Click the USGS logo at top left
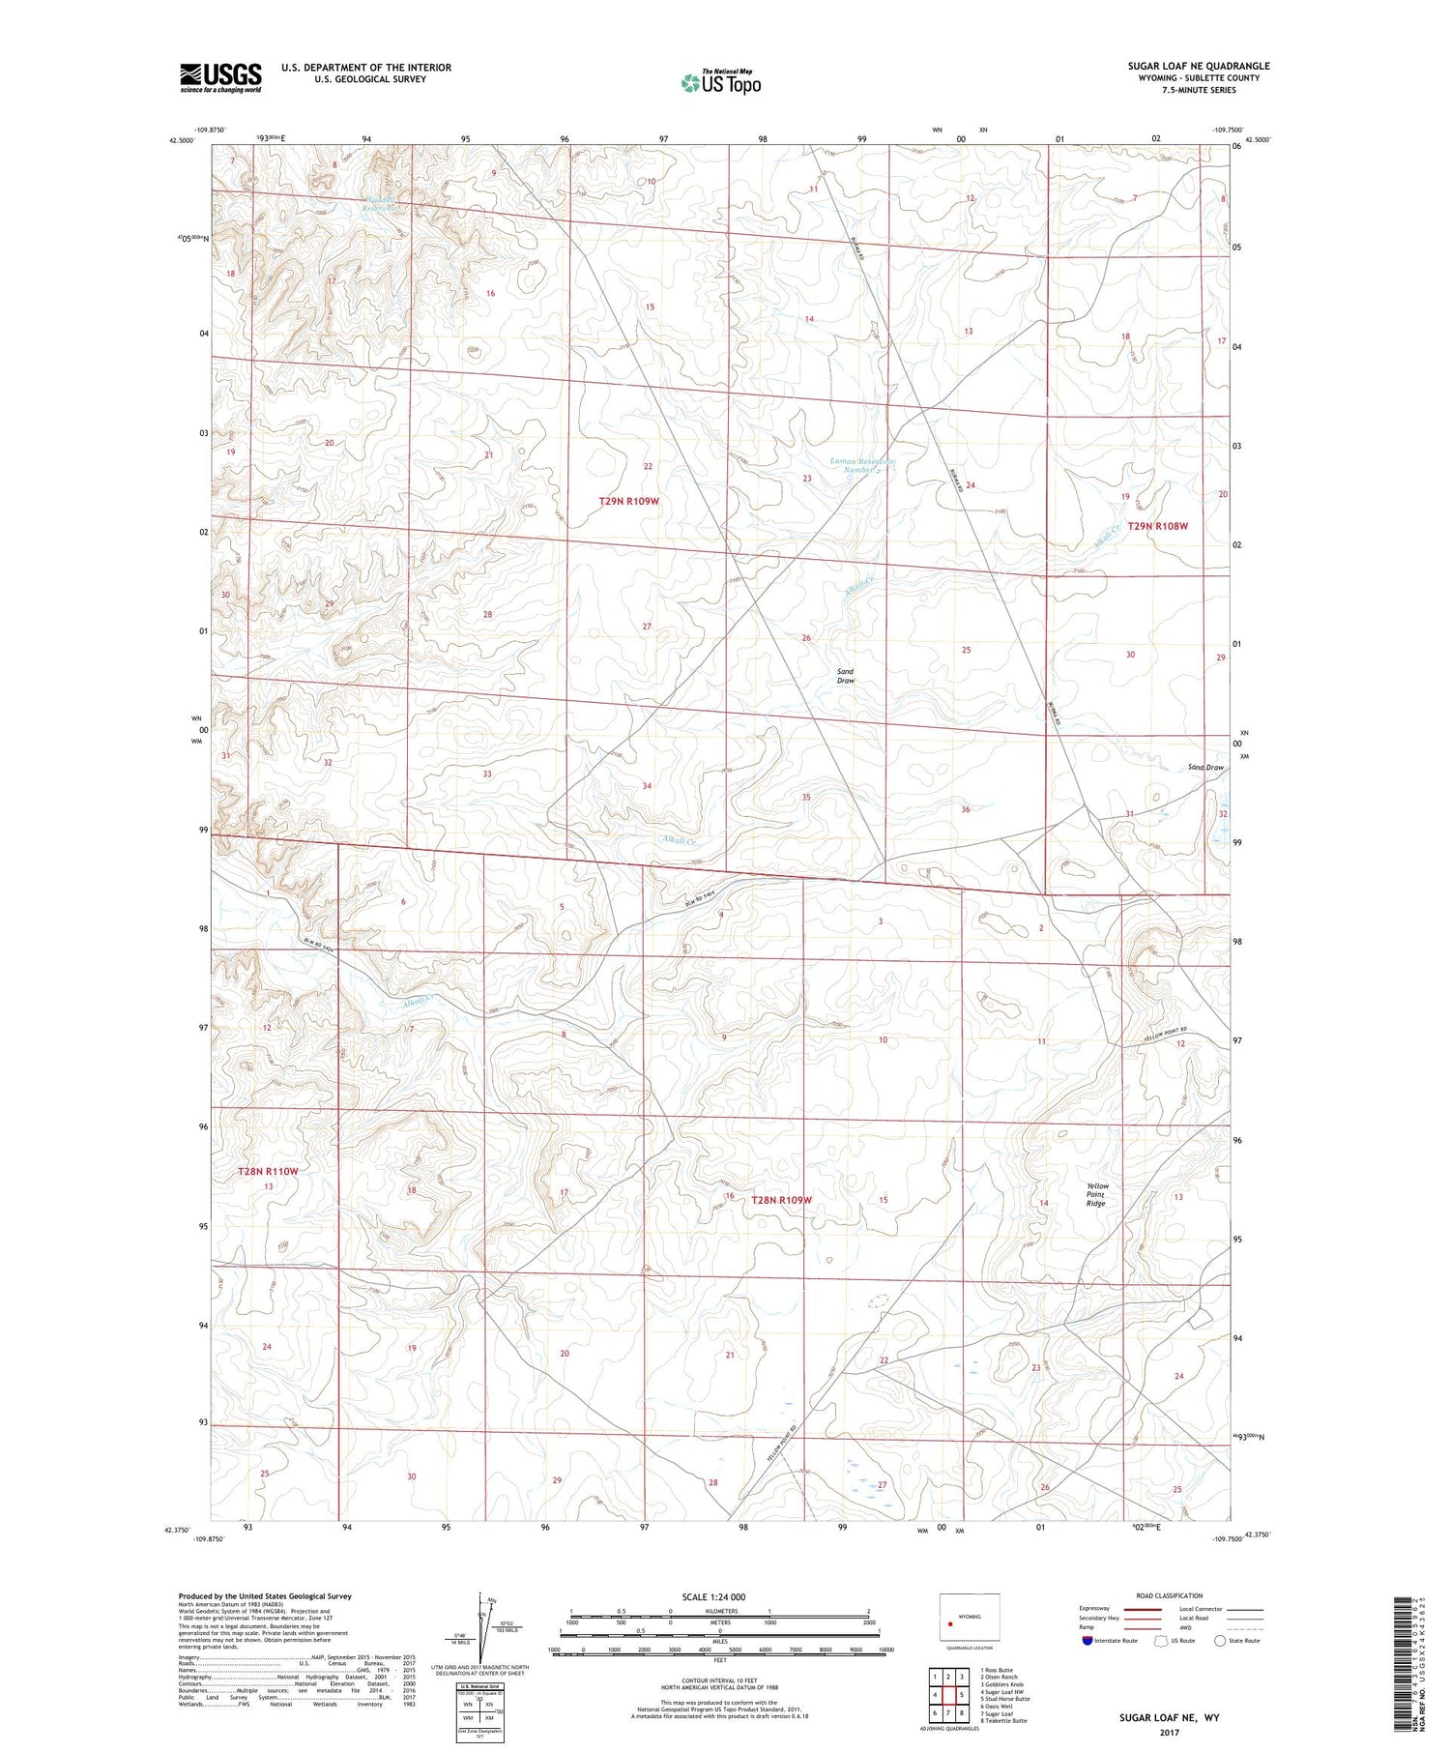point(220,77)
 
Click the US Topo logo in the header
point(720,83)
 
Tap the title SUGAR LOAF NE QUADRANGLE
point(1198,66)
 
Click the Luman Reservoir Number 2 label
point(862,466)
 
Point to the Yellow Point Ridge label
point(1096,1194)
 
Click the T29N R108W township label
point(1157,526)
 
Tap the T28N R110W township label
point(269,1171)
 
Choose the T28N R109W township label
point(781,1199)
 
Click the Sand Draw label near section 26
point(846,675)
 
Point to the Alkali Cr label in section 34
point(681,840)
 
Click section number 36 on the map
point(965,809)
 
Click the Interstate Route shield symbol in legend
point(1087,1641)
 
